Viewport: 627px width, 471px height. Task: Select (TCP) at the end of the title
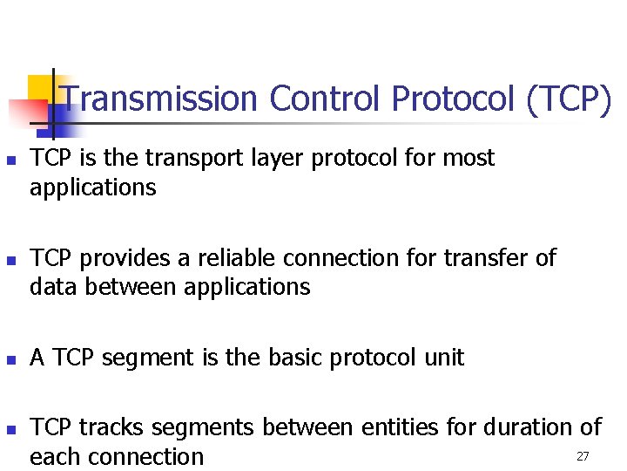[569, 99]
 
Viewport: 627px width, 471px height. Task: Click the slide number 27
[583, 456]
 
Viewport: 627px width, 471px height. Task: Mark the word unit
[443, 358]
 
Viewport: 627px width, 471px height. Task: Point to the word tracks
[107, 427]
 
